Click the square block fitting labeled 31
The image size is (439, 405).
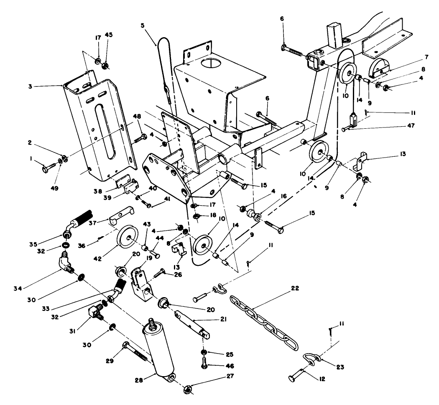pyautogui.click(x=96, y=311)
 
